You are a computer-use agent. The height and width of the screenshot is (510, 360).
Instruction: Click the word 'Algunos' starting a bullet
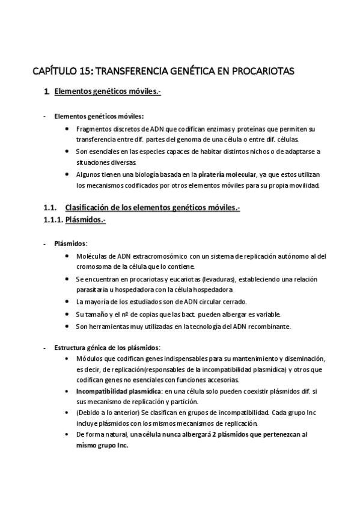pyautogui.click(x=88, y=174)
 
